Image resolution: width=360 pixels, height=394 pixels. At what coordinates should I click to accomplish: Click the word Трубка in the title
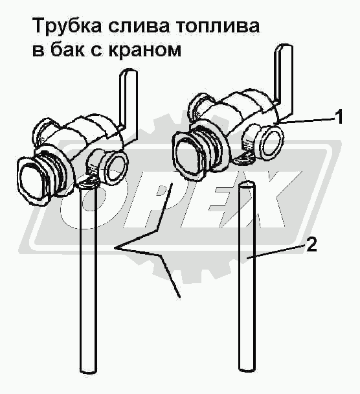click(67, 26)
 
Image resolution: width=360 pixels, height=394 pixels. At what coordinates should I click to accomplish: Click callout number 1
click(339, 117)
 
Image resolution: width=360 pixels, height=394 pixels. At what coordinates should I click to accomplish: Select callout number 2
click(311, 244)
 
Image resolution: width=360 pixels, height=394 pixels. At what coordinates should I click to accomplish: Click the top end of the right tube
click(247, 185)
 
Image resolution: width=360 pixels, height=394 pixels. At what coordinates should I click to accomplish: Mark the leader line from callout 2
click(276, 252)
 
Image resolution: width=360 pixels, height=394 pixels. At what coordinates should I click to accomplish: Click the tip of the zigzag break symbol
click(115, 248)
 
